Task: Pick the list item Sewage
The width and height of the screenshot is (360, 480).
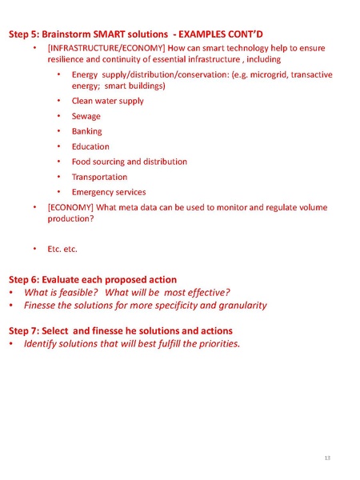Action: click(x=86, y=116)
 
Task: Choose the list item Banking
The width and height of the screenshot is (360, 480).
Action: click(x=87, y=131)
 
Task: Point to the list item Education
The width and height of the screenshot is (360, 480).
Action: click(x=90, y=146)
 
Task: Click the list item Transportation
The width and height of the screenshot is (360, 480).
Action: click(x=99, y=177)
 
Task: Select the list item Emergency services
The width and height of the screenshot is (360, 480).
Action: click(x=109, y=192)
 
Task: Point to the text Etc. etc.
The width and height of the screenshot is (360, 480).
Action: click(x=62, y=250)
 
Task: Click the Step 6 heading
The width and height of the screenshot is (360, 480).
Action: click(x=93, y=279)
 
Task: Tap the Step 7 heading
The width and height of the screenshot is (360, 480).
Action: click(x=121, y=330)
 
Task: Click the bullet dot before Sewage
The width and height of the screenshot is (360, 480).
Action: click(x=60, y=117)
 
